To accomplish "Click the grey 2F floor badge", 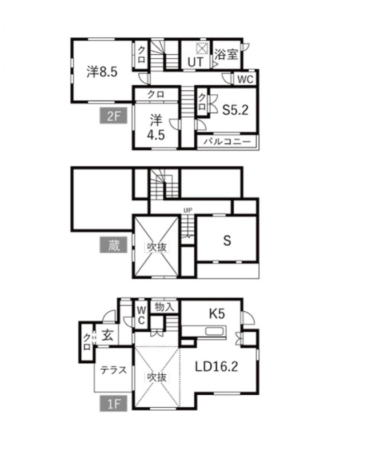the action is pos(113,116).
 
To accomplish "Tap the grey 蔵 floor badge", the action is pos(113,244).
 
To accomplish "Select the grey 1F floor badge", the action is pos(113,403).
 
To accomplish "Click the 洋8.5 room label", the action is pos(102,71).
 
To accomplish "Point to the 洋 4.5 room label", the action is pos(156,127).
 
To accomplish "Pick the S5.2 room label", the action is pos(235,110).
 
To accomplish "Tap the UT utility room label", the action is pos(195,62).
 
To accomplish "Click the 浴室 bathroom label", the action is pos(226,54).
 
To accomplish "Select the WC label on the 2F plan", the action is pos(245,79).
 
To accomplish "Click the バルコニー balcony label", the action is pos(227,142).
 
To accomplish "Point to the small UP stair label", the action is pos(188,210).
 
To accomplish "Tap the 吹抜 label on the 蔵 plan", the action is pos(157,247).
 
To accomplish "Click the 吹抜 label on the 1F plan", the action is pos(157,377).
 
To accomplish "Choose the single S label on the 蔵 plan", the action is pos(227,240).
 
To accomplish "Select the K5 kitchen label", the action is pos(217,314).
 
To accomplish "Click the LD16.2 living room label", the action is pos(217,367).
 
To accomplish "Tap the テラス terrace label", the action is pos(113,370).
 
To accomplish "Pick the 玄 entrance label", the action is pos(107,336).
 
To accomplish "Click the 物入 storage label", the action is pos(165,307).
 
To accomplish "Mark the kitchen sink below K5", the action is pos(215,331).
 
